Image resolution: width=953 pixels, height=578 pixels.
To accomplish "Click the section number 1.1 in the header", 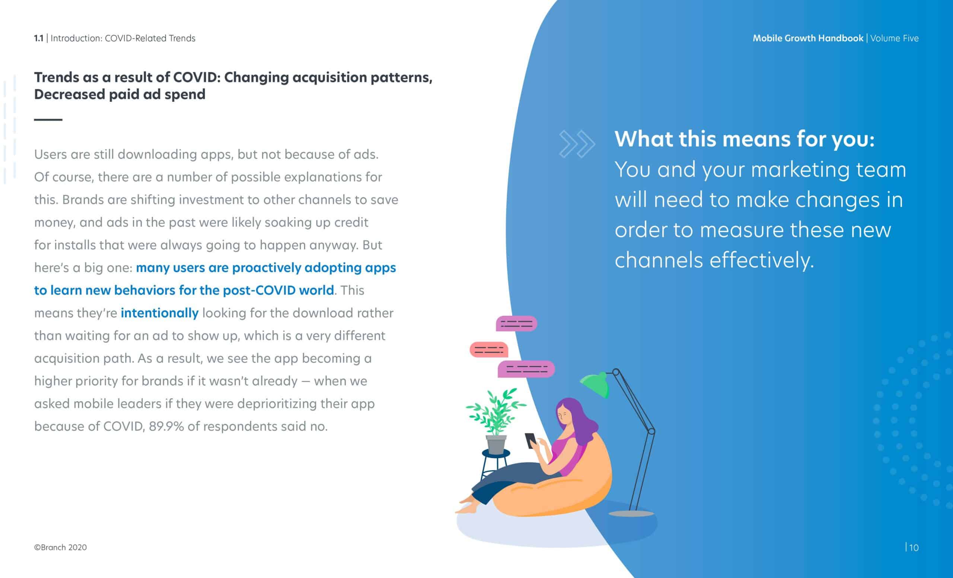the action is [38, 38].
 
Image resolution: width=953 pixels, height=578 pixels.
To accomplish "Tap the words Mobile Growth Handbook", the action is [807, 38].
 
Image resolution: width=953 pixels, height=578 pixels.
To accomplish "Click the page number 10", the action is [914, 548].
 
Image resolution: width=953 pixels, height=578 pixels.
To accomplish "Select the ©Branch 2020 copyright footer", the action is [60, 547].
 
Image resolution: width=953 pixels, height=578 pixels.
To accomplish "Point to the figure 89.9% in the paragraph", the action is [166, 426].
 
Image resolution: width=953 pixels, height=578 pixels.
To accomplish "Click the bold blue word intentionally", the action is [159, 313].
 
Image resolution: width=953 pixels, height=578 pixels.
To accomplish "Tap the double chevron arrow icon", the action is [577, 144].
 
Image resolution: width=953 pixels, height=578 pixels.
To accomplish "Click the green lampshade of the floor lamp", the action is [595, 384].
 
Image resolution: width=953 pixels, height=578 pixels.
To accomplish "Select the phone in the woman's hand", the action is [530, 441].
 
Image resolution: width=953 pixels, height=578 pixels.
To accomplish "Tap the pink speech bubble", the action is [489, 350].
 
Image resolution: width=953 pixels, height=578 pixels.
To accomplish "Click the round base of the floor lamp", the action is [631, 514].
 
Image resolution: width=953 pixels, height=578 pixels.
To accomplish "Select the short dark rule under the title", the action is [48, 120].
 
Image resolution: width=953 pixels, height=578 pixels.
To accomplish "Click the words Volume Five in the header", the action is [894, 38].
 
